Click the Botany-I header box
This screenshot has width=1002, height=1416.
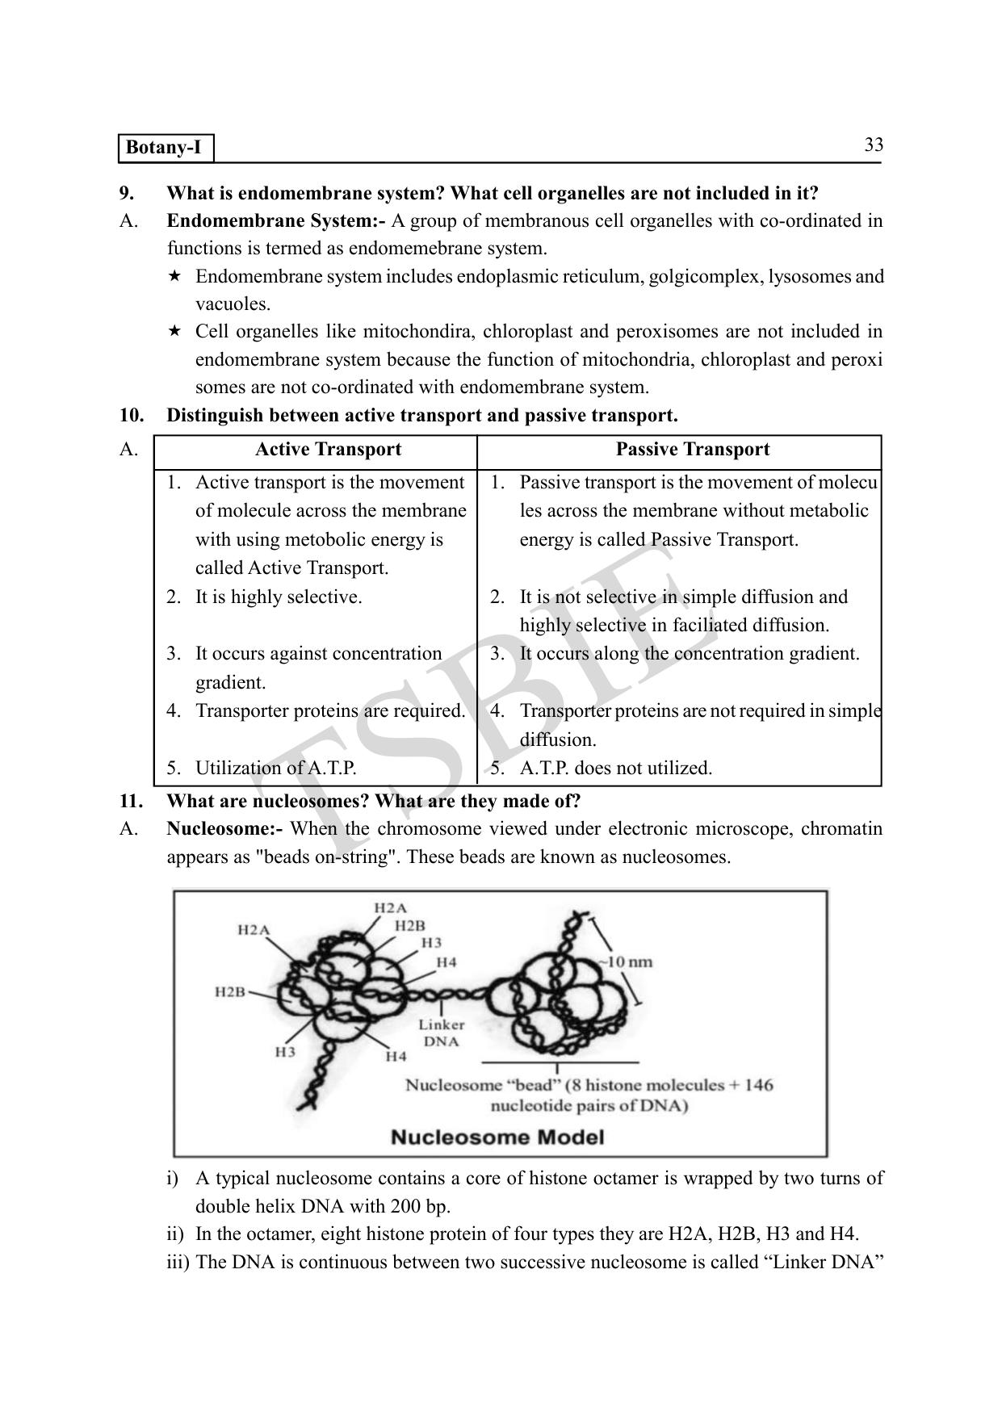point(166,149)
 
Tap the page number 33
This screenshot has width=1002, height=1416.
point(873,145)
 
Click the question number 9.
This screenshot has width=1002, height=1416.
point(127,194)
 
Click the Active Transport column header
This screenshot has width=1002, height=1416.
point(328,450)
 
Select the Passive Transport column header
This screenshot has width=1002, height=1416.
point(692,450)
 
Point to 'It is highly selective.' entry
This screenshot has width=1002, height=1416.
point(278,597)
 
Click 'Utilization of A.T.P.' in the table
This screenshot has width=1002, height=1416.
point(275,768)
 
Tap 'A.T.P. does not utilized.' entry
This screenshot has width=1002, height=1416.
point(615,768)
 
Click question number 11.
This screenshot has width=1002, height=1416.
point(131,802)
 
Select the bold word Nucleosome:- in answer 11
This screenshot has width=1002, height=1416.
point(224,829)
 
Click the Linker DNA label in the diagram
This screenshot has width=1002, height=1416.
point(441,1033)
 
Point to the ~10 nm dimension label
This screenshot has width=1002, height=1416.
point(625,961)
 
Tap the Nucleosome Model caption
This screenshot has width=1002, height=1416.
point(497,1137)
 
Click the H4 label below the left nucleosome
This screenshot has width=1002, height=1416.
point(396,1056)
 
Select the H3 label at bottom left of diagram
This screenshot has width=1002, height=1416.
point(285,1052)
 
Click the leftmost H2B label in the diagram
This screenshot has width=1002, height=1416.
point(229,991)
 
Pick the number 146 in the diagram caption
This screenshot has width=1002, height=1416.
point(758,1085)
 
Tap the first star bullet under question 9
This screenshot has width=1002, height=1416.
point(174,277)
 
